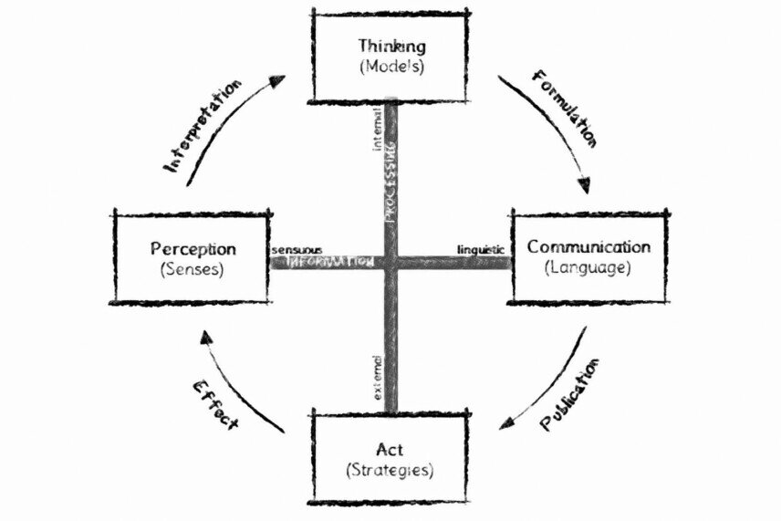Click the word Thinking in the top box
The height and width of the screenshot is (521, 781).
pyautogui.click(x=390, y=45)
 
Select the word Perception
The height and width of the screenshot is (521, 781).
pyautogui.click(x=193, y=248)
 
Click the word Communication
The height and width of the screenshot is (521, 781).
pyautogui.click(x=588, y=247)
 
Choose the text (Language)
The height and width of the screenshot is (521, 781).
pyautogui.click(x=588, y=268)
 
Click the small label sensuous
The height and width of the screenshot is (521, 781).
pyautogui.click(x=296, y=248)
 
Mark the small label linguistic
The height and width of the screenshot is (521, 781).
pyautogui.click(x=481, y=249)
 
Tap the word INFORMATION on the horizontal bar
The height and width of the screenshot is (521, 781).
pyautogui.click(x=329, y=262)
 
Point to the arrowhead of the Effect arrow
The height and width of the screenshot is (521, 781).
pyautogui.click(x=207, y=340)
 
